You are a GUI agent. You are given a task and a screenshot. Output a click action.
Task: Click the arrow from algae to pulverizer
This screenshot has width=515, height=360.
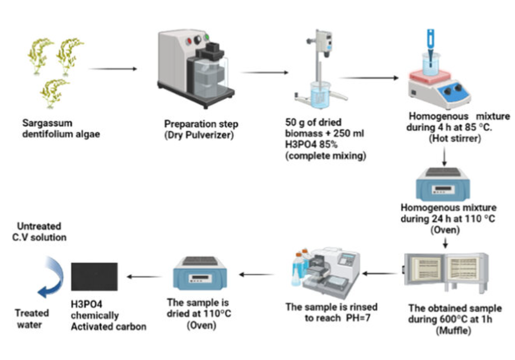coord(113,69)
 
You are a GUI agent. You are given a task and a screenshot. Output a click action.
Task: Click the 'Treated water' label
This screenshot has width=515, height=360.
coord(32,318)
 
